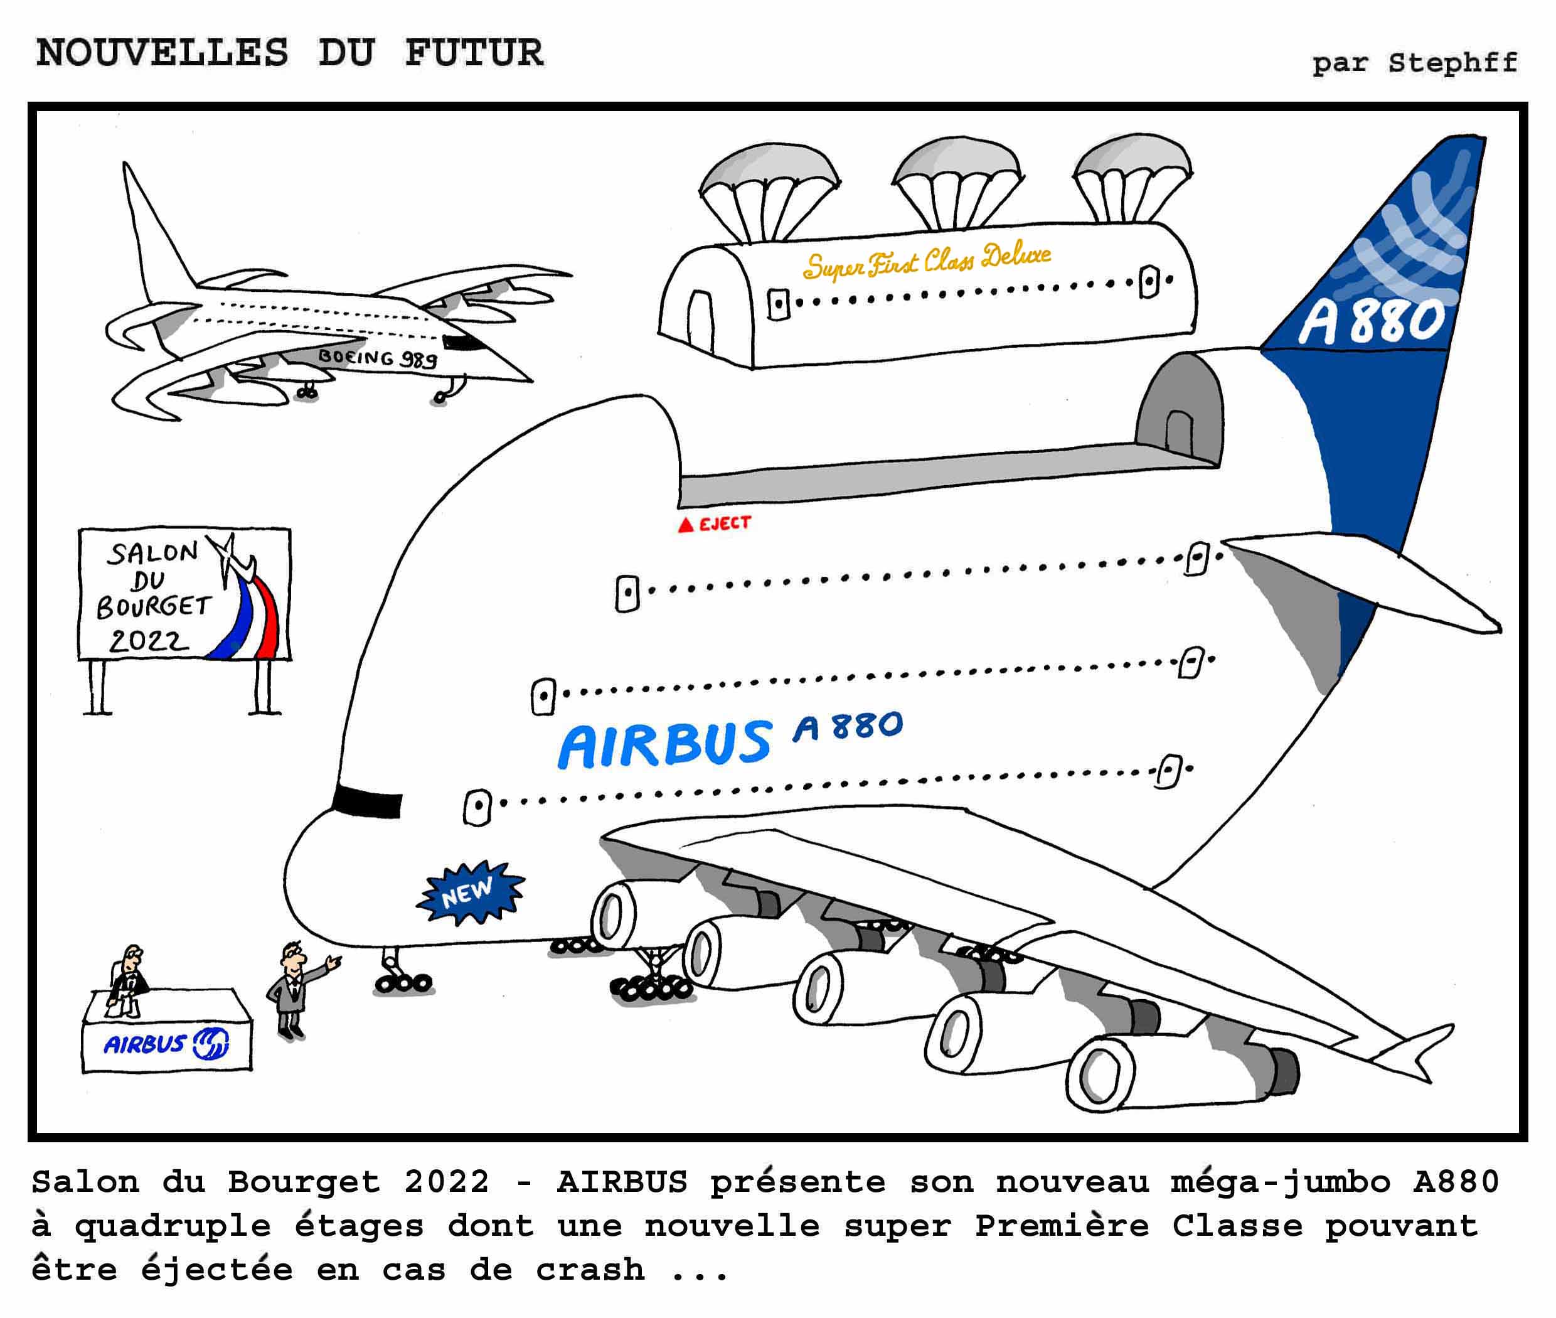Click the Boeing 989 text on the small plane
tap(377, 358)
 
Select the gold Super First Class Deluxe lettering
tap(926, 260)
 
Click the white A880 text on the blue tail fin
tap(1371, 321)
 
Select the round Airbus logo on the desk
tap(211, 1043)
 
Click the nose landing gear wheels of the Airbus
tap(403, 982)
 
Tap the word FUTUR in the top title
tap(474, 53)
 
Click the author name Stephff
tap(1452, 62)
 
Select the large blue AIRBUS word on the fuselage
tap(665, 744)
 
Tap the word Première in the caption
tap(1061, 1226)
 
